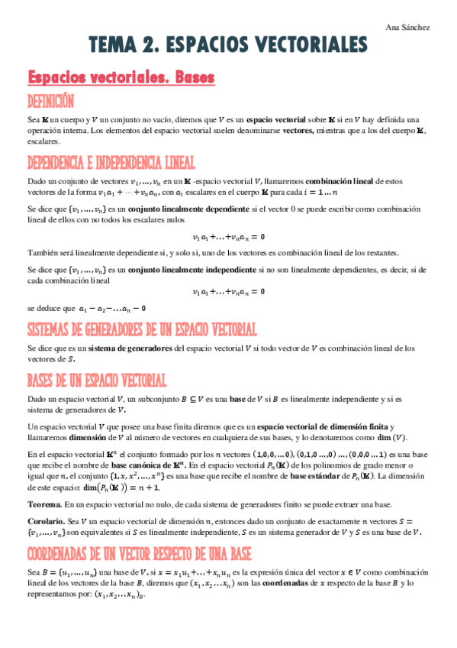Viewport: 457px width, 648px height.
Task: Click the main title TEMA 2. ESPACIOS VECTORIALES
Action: (x=227, y=47)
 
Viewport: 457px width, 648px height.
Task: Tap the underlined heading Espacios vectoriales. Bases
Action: (x=121, y=78)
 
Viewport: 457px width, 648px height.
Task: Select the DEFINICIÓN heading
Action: (x=50, y=102)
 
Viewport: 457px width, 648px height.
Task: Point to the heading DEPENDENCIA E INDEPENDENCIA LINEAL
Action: (x=111, y=163)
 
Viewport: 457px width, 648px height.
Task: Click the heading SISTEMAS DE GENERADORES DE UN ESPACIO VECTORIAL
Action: (x=141, y=330)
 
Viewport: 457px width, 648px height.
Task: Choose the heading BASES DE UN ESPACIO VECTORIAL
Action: (x=97, y=381)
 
